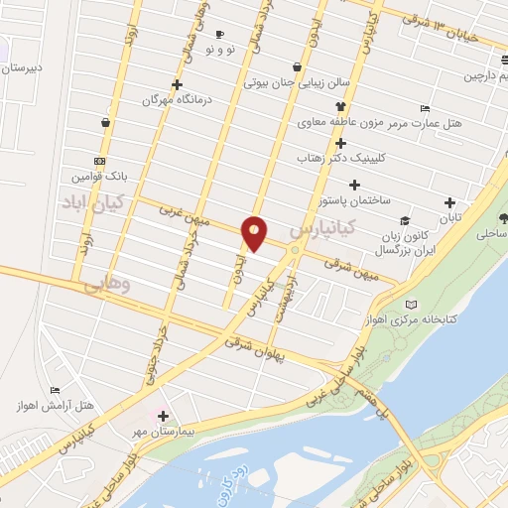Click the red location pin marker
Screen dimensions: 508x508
255,232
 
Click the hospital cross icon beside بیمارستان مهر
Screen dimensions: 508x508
163,417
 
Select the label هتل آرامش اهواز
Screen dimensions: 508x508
84,406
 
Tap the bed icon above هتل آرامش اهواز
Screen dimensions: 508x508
56,390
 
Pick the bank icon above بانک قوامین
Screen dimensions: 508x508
98,161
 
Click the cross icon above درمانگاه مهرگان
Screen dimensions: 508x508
178,84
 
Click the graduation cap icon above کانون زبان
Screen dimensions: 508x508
405,220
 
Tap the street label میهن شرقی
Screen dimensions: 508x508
354,267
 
